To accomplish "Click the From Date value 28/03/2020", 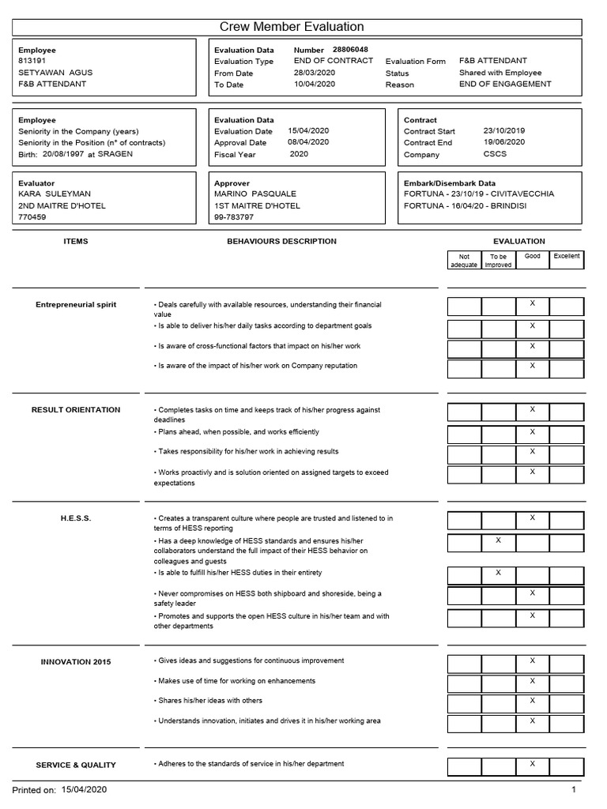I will (x=315, y=72).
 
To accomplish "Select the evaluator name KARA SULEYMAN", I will (x=55, y=194).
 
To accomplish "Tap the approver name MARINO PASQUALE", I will (x=257, y=194).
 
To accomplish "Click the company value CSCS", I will (x=495, y=154).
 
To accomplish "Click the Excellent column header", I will (x=566, y=257).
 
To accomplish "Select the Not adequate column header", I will (x=464, y=261).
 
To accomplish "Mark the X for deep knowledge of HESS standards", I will (x=498, y=540).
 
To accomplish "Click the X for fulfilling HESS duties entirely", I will (x=498, y=572).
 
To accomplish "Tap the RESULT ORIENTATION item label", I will (x=76, y=410).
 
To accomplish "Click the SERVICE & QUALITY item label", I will (x=76, y=765).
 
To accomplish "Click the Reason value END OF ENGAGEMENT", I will (x=505, y=84).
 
